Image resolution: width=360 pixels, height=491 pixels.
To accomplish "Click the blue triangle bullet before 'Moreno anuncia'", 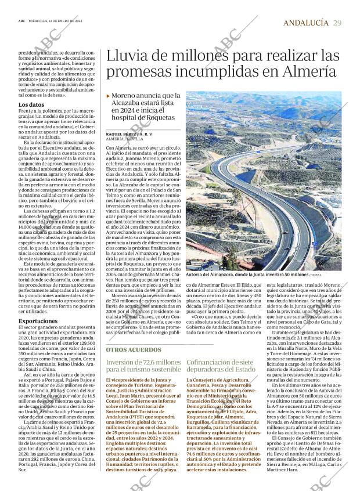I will [108, 96].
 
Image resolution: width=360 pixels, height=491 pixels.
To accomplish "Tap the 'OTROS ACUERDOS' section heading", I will [134, 350].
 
